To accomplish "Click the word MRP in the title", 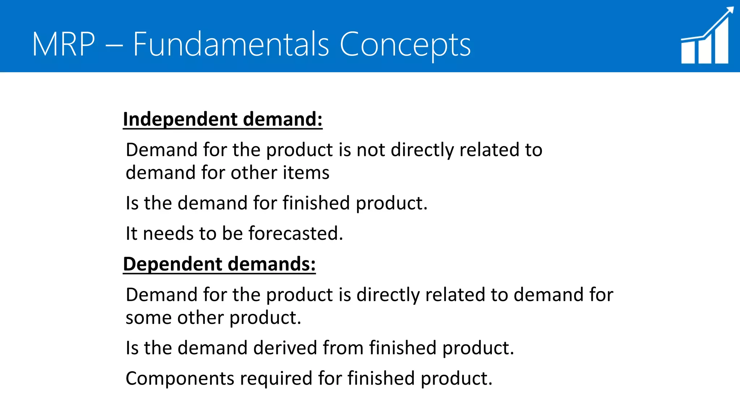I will (x=64, y=44).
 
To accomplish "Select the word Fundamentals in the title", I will (x=231, y=44).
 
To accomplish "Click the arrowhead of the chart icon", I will (x=729, y=11).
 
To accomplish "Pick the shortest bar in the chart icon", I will (x=688, y=52).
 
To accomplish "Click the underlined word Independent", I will (x=180, y=119).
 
